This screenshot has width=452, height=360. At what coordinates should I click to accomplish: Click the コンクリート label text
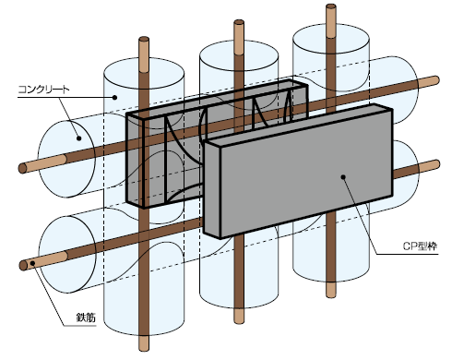[x=44, y=90]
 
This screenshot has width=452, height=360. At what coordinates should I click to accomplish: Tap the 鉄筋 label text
[x=86, y=317]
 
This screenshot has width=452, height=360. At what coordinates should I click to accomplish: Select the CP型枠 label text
[x=420, y=246]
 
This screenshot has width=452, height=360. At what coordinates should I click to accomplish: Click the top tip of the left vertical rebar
[x=144, y=39]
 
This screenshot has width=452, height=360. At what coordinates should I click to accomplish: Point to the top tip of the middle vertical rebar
[x=239, y=22]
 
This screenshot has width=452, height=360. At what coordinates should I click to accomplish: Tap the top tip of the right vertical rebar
[x=331, y=6]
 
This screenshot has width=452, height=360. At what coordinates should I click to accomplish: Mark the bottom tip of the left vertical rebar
[x=144, y=349]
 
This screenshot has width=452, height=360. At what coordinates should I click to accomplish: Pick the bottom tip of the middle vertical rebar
[x=239, y=321]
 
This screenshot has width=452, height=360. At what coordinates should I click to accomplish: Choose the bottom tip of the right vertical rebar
[x=331, y=294]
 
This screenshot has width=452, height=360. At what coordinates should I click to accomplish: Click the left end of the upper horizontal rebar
[x=22, y=168]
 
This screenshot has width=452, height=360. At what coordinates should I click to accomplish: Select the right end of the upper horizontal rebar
[x=436, y=80]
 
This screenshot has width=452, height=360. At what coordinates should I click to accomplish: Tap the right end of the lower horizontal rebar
[x=436, y=164]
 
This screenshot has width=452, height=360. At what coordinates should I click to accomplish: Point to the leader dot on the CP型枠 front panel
[x=343, y=176]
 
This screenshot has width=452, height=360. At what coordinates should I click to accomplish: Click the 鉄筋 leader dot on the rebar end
[x=31, y=263]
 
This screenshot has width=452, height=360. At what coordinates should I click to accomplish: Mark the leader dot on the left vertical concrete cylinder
[x=114, y=98]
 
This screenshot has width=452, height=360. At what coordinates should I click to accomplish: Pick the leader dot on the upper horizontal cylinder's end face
[x=78, y=138]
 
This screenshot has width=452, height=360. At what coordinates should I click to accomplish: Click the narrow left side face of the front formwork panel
[x=212, y=189]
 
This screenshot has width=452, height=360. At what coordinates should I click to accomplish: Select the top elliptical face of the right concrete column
[x=331, y=39]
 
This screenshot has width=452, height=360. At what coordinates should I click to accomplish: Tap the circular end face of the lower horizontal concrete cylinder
[x=66, y=254]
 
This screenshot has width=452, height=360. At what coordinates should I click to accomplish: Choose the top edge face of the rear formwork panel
[x=217, y=99]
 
